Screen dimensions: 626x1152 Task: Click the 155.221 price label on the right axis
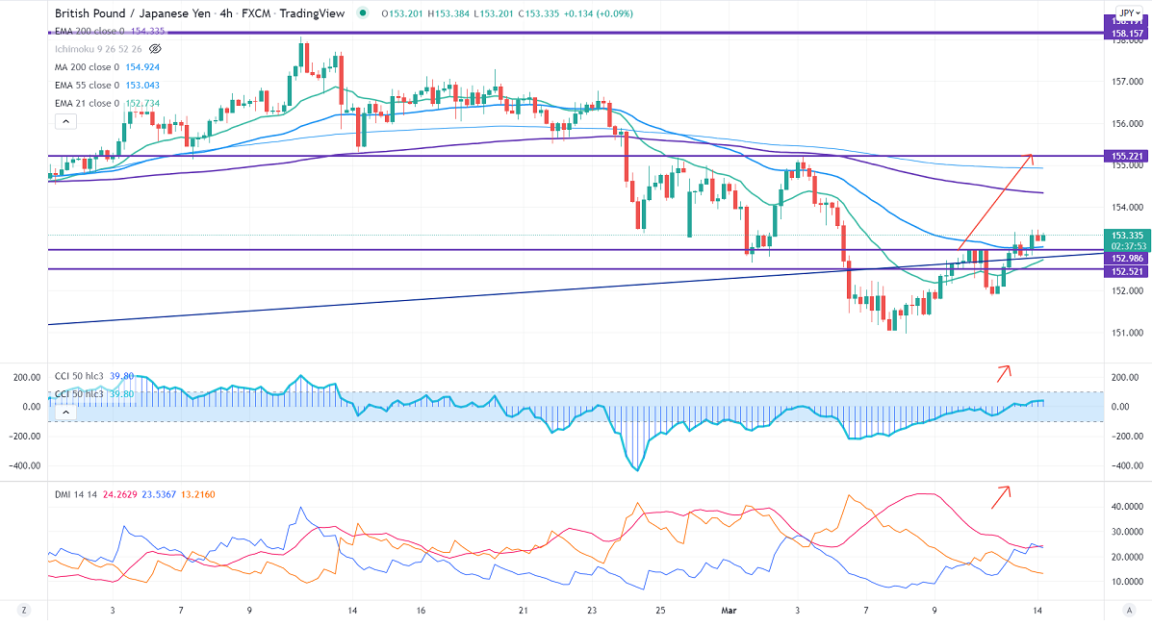click(x=1126, y=156)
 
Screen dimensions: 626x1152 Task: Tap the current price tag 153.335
click(x=1126, y=236)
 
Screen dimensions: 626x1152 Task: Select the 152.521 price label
click(x=1126, y=271)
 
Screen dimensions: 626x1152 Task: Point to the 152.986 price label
click(x=1126, y=259)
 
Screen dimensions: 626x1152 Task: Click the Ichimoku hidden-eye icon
click(x=155, y=49)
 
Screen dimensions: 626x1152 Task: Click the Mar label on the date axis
click(x=730, y=611)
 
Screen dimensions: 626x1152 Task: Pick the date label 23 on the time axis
click(x=592, y=611)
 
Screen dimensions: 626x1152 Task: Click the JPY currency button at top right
click(x=1125, y=13)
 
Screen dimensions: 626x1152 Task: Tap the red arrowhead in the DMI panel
click(x=1007, y=489)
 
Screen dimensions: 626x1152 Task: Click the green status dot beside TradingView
click(x=361, y=13)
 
